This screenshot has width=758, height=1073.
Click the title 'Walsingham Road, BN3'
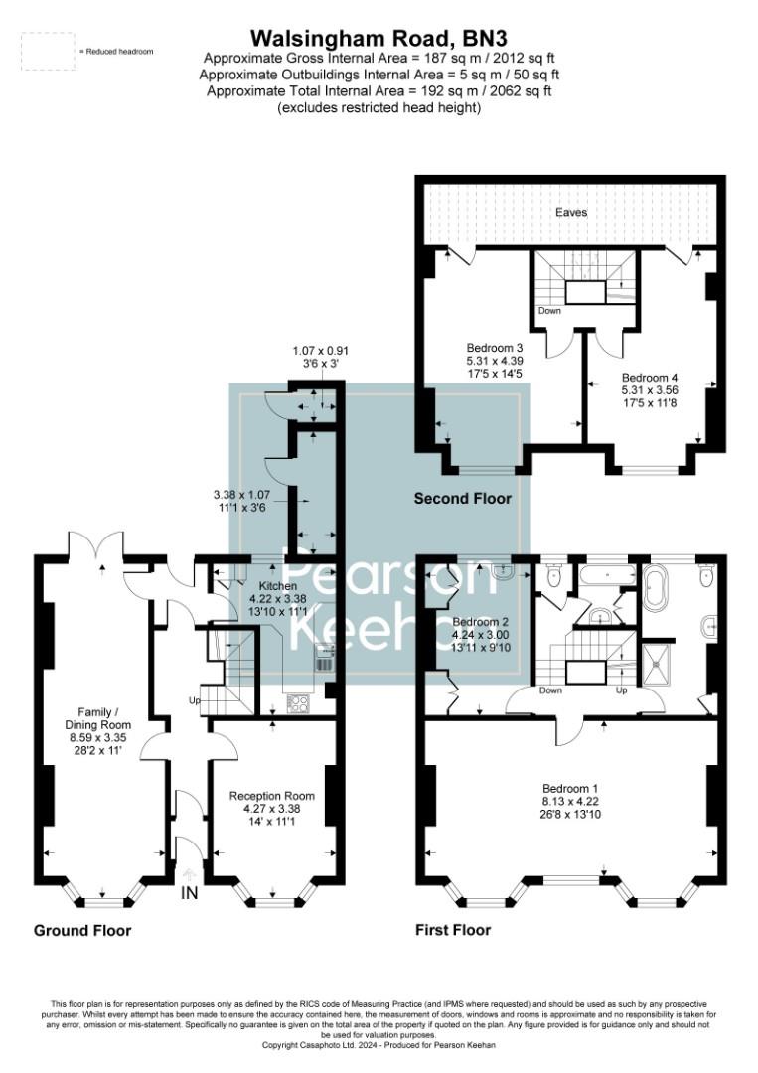click(379, 38)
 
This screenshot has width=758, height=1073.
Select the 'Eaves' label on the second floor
click(571, 213)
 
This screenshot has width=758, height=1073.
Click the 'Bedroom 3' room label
click(494, 348)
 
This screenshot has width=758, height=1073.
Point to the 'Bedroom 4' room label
click(650, 378)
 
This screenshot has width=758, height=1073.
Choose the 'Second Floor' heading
click(463, 499)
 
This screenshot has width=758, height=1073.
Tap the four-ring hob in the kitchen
click(298, 702)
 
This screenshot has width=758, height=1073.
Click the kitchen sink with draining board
click(323, 657)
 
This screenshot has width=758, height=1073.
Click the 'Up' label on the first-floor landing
click(623, 690)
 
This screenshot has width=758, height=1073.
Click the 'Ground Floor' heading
click(82, 931)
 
